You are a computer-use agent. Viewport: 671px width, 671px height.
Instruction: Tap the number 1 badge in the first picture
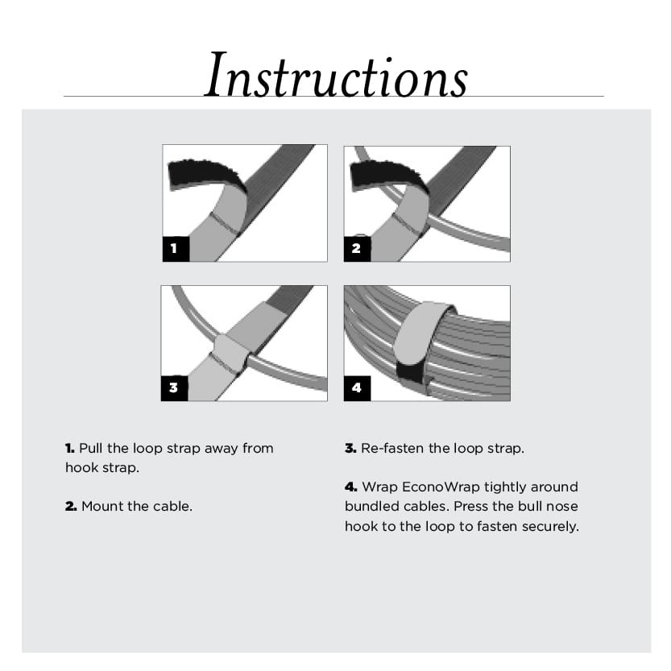click(175, 249)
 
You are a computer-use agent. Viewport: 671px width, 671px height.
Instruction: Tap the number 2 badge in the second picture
click(356, 249)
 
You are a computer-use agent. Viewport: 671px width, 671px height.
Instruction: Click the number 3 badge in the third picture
click(174, 388)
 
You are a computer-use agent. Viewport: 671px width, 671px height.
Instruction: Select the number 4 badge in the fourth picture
click(356, 388)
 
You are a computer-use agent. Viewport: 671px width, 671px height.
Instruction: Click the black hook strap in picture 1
click(197, 172)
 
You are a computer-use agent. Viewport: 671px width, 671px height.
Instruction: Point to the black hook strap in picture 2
click(379, 173)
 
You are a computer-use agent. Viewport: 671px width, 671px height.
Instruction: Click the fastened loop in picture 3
click(232, 352)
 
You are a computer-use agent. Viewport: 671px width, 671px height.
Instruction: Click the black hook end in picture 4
click(411, 371)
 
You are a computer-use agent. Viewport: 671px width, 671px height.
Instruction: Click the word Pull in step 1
click(91, 448)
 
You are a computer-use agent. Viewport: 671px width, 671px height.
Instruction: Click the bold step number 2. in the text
click(71, 507)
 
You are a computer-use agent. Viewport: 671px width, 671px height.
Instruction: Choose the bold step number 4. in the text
click(350, 487)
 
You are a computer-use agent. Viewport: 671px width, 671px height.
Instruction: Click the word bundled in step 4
click(371, 507)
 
